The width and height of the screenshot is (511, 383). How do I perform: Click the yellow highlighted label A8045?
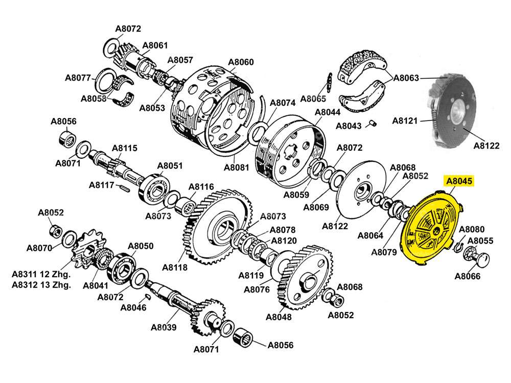(460, 181)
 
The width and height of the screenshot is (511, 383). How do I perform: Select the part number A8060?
(241, 62)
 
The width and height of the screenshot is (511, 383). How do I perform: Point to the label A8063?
(406, 78)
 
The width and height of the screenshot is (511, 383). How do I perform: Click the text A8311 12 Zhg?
(41, 275)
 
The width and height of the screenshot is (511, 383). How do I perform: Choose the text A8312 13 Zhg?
(41, 285)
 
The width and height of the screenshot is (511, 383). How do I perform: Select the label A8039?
(164, 327)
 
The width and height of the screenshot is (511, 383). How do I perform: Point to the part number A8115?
(125, 148)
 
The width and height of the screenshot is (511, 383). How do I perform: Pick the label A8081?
(237, 167)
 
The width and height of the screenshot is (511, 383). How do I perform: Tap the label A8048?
(279, 317)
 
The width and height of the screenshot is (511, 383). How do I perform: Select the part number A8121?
(405, 121)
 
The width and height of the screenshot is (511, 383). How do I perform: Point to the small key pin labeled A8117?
(124, 187)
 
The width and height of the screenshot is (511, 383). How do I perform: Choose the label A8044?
(327, 112)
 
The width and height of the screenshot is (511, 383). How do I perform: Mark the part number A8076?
(257, 290)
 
